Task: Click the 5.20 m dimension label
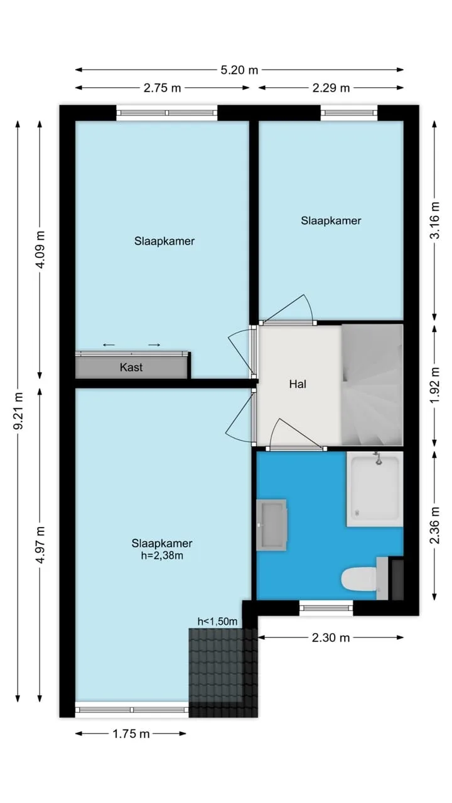pos(239,70)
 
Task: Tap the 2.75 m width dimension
pos(162,88)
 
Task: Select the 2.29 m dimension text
pos(331,88)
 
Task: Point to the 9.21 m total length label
pos(18,411)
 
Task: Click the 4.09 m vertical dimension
pos(41,250)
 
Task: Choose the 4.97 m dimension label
pos(41,545)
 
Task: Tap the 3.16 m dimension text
pos(435,220)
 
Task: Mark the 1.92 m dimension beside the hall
pos(435,385)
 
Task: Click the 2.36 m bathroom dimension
pos(435,525)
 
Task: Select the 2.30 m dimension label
pos(330,638)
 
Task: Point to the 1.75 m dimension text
pos(131,734)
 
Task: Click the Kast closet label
pos(131,368)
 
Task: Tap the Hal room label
pos(298,385)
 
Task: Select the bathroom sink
pos(271,525)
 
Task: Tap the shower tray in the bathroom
pos(375,489)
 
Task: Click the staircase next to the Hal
pos(372,385)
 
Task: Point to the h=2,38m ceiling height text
pos(162,556)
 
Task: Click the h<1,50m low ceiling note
pos(217,621)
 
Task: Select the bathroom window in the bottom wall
pos(326,608)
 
